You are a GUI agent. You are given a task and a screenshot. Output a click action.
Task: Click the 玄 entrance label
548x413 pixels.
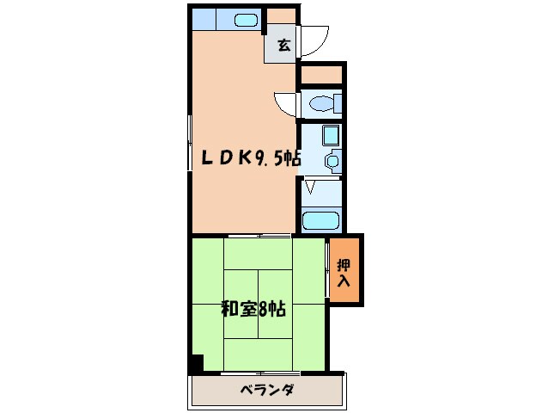tap(283, 46)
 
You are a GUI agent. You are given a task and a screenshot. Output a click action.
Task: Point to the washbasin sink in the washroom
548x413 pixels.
tap(331, 161)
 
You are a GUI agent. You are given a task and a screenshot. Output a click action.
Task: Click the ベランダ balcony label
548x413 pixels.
tap(267, 391)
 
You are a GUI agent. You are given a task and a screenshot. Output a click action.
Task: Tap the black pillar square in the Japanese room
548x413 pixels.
tap(196, 364)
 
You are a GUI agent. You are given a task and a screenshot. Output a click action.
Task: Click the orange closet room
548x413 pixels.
tap(345, 268)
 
